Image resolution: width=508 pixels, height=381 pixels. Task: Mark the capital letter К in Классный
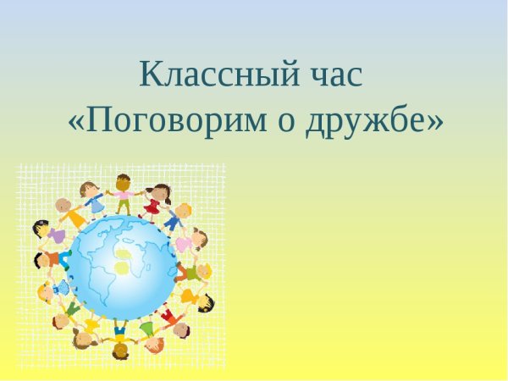click(152, 75)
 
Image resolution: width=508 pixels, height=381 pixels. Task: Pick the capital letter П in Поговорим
click(100, 123)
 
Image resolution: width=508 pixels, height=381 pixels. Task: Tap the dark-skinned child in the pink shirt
click(124, 194)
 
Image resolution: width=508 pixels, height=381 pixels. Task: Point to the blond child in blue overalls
click(176, 218)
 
